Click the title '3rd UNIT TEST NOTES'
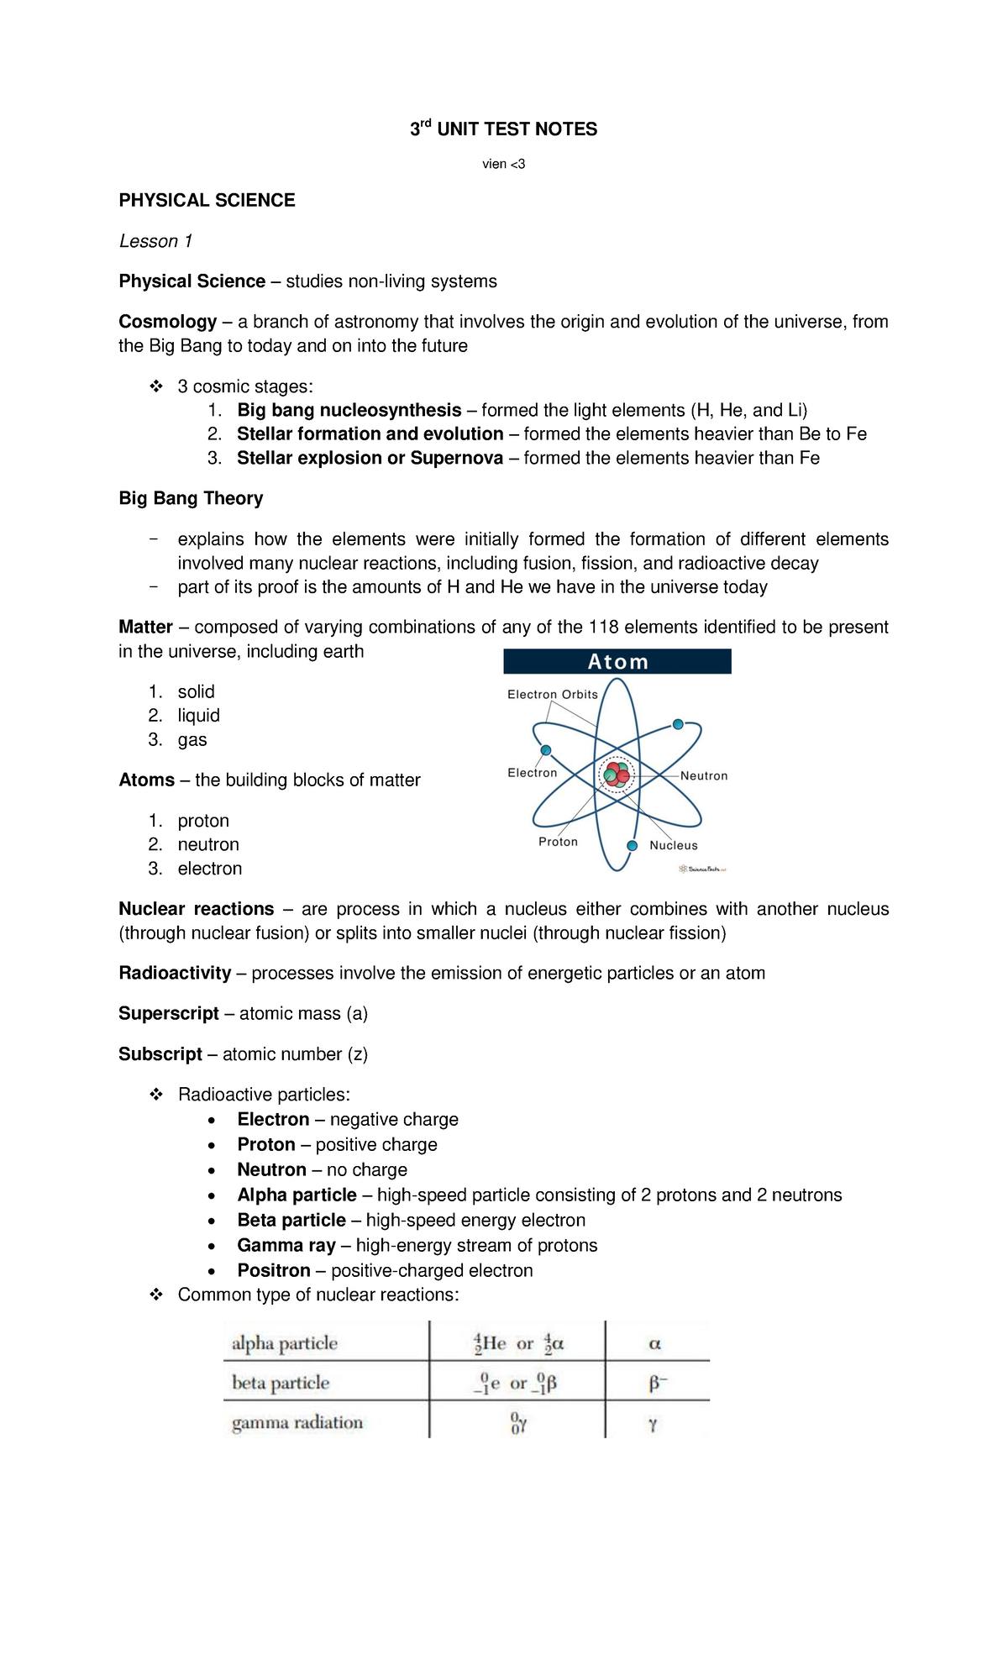pyautogui.click(x=503, y=129)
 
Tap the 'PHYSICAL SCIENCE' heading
pyautogui.click(x=207, y=201)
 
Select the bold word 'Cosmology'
pyautogui.click(x=168, y=322)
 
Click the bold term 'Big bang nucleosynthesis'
pyautogui.click(x=349, y=410)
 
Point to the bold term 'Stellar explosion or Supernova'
pyautogui.click(x=370, y=458)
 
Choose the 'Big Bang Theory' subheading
pyautogui.click(x=191, y=498)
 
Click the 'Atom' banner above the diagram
pyautogui.click(x=617, y=662)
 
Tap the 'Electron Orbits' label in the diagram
pyautogui.click(x=553, y=695)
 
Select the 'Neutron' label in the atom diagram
pyautogui.click(x=704, y=776)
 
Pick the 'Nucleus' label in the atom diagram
pyautogui.click(x=674, y=846)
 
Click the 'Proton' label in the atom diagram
pyautogui.click(x=559, y=842)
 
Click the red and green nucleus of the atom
pyautogui.click(x=617, y=775)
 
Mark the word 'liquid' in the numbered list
pyautogui.click(x=198, y=716)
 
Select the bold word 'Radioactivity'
pyautogui.click(x=175, y=973)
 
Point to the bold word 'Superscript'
pyautogui.click(x=169, y=1013)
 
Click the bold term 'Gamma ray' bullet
pyautogui.click(x=286, y=1245)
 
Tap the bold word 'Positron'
pyautogui.click(x=274, y=1270)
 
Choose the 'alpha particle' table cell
pyautogui.click(x=285, y=1343)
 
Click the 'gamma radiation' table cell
pyautogui.click(x=297, y=1422)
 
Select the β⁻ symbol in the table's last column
pyautogui.click(x=657, y=1383)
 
